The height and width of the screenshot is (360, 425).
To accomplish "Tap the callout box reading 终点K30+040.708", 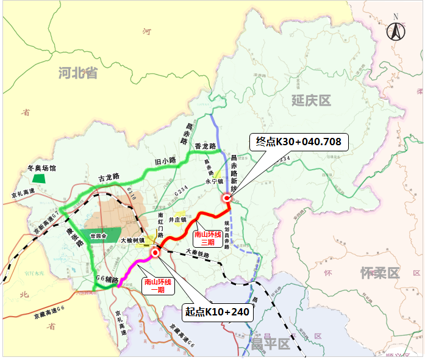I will [x=299, y=142].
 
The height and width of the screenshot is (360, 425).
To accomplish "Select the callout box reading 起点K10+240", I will [x=218, y=312].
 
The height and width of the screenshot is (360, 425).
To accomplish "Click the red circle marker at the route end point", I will [x=226, y=197].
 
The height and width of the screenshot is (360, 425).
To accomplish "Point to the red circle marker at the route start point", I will [x=155, y=251].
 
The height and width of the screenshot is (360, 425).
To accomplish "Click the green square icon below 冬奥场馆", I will [x=39, y=179].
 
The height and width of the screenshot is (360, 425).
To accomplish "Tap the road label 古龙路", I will [x=109, y=178].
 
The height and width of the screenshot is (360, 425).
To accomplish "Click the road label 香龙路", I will [x=205, y=146].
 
